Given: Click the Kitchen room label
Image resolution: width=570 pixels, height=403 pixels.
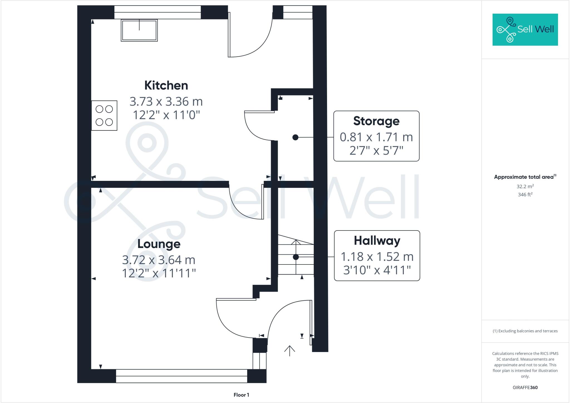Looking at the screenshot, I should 166,85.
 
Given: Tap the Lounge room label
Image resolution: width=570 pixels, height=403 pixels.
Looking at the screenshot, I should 159,244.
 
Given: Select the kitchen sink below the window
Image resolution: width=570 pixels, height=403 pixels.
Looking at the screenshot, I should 139,30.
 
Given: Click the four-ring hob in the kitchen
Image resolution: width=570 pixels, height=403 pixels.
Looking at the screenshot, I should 104,115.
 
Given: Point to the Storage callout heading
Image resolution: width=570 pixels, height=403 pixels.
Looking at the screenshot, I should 376,121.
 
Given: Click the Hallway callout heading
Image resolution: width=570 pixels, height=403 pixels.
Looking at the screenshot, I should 377,241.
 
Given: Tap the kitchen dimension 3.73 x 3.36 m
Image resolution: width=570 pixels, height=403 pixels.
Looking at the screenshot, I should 166,101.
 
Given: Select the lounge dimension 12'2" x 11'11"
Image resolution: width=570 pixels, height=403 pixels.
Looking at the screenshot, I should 159,273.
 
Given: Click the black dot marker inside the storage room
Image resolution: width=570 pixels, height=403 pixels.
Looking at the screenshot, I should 295,137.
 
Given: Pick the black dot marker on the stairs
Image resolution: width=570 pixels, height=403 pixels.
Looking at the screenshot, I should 296,257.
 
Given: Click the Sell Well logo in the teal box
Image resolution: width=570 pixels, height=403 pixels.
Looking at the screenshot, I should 525,30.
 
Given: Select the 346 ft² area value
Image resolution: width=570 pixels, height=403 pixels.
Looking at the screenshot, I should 525,195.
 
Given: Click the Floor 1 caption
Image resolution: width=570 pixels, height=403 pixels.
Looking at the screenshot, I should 241,395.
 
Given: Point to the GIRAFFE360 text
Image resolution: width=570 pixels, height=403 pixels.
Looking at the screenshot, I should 525,387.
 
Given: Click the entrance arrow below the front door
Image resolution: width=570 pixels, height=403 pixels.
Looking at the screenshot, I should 289,351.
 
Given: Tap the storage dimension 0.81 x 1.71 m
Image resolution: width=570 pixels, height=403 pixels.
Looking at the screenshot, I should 376,137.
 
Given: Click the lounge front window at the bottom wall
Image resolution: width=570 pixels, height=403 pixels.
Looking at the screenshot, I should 181,376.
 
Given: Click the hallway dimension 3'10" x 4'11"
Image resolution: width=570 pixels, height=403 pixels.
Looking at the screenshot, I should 377,270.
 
